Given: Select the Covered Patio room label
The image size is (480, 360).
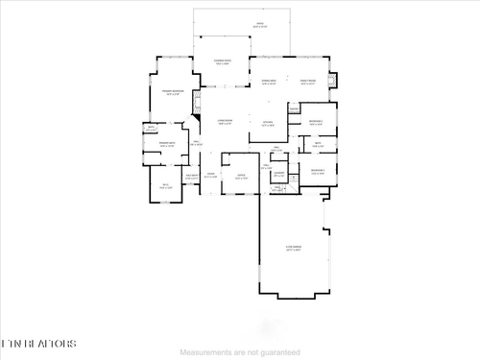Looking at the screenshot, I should tap(223, 61).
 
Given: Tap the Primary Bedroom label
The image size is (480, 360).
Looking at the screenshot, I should tap(173, 93).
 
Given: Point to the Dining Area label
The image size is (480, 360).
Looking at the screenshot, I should tap(270, 83).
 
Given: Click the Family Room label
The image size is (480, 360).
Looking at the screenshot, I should tap(308, 83).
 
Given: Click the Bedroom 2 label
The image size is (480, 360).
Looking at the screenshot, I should tap(317, 122).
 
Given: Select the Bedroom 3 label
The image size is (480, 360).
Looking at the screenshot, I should tap(318, 171).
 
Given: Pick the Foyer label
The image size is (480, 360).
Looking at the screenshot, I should tap(210, 177).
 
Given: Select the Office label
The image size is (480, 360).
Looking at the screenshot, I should tap(240, 177).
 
